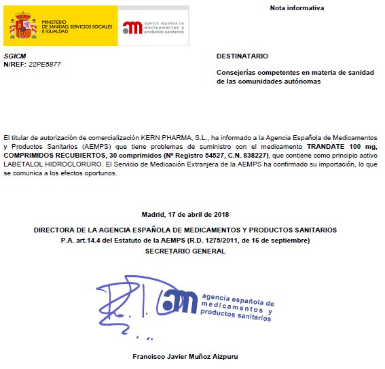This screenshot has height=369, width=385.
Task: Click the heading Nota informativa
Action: [x=297, y=8]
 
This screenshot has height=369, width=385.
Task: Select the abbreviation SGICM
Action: [x=14, y=56]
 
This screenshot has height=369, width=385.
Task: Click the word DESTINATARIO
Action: [x=242, y=56]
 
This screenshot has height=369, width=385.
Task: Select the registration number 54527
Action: [x=183, y=156]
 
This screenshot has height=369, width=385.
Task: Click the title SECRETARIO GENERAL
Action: [x=185, y=251]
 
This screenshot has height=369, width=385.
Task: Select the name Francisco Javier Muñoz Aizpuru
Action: [x=185, y=357]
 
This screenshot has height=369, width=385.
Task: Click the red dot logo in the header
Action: [x=129, y=28]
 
